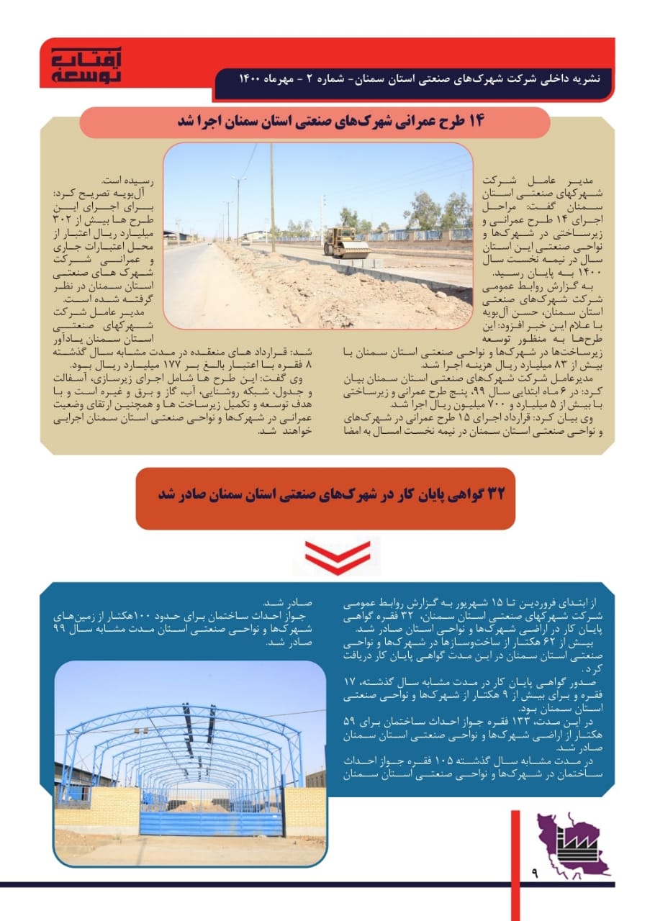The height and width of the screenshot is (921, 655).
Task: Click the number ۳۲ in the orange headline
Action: click(496, 494)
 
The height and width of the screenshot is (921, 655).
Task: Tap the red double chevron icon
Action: click(337, 555)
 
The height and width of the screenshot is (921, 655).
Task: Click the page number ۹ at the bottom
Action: click(536, 873)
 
